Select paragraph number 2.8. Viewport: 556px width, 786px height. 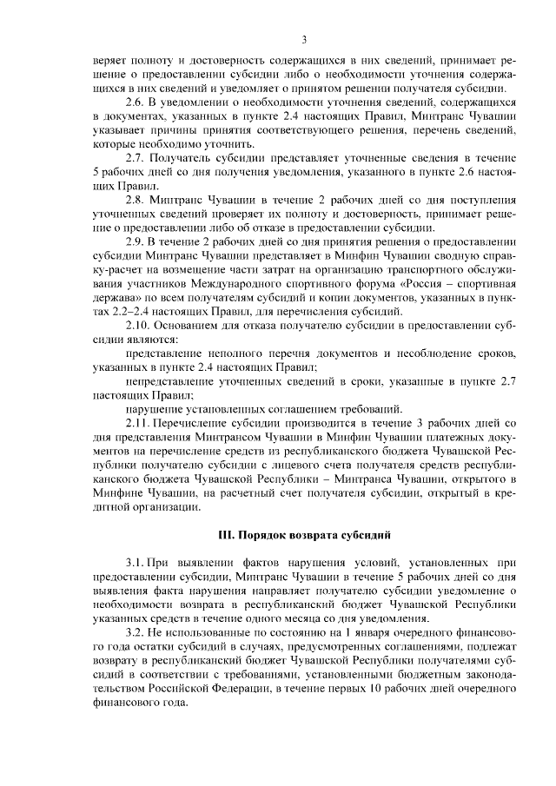[136, 199]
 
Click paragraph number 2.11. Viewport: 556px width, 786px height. [139, 420]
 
